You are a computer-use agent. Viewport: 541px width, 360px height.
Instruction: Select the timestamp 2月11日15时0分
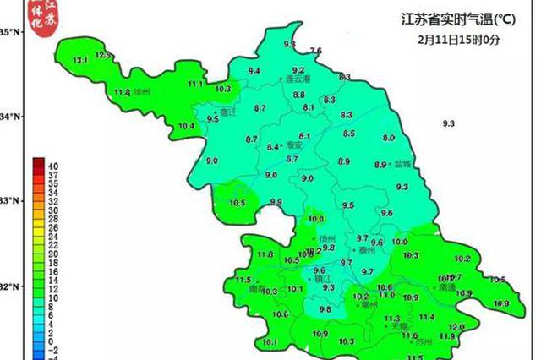coord(447,39)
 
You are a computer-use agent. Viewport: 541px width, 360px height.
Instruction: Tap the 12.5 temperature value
coord(103,55)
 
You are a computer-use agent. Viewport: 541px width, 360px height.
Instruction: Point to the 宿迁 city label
coord(224,111)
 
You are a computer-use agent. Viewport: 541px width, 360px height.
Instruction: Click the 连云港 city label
coord(293,79)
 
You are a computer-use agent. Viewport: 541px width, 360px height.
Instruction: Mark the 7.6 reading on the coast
coord(316,52)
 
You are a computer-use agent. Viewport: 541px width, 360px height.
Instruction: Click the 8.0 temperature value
coord(389,138)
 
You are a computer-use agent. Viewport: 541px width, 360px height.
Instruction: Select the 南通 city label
coord(446,287)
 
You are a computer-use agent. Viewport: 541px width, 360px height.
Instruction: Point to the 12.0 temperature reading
coord(456,327)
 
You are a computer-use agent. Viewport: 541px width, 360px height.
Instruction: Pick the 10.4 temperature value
coord(186,127)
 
